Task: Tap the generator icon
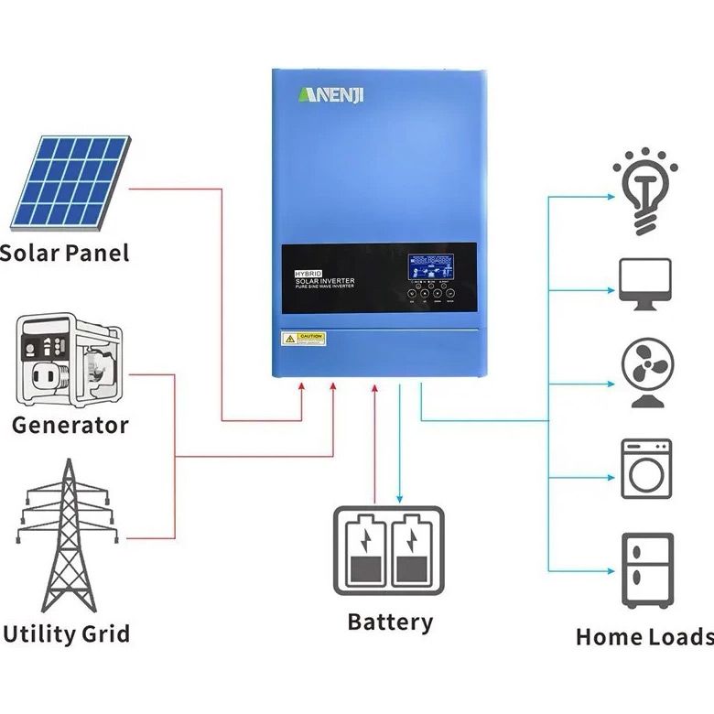coord(70,360)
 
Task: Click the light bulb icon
coord(645,189)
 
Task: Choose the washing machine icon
coord(646,469)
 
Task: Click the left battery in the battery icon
coord(363,552)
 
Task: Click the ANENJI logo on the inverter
coord(330,95)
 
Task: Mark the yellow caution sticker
coord(303,339)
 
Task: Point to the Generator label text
coord(70,425)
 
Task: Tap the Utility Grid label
coord(66,633)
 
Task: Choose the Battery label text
coord(390,622)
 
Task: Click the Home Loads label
coord(644,637)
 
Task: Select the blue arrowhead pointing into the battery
coord(399,497)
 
